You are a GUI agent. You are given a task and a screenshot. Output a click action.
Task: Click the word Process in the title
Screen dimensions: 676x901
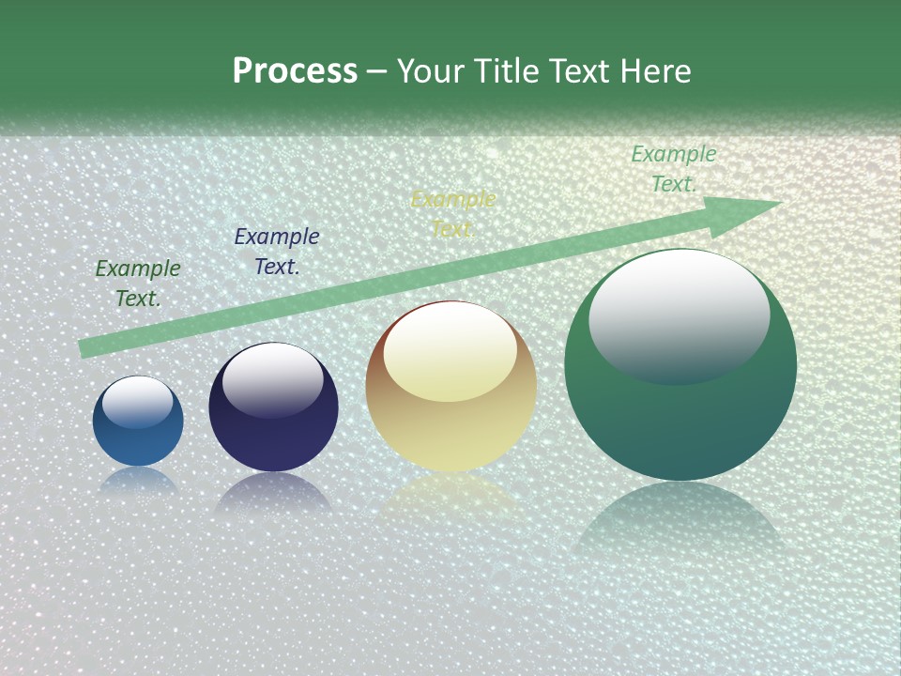[295, 71]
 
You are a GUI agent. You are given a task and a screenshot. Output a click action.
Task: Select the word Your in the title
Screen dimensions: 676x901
[430, 71]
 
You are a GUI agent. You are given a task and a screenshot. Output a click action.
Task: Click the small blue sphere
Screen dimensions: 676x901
[138, 441]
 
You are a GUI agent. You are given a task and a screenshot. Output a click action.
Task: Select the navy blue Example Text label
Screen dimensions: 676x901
[277, 252]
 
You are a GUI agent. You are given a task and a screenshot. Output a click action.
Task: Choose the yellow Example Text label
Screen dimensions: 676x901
[453, 214]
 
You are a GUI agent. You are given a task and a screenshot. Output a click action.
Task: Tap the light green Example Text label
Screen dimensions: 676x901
[674, 169]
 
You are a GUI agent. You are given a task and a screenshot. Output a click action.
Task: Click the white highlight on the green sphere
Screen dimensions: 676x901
[679, 315]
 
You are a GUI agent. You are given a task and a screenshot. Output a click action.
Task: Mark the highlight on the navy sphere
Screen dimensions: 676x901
[272, 379]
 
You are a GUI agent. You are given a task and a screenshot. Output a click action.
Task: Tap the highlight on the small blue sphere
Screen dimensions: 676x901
[137, 402]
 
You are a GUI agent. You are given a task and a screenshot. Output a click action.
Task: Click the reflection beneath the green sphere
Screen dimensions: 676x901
[680, 521]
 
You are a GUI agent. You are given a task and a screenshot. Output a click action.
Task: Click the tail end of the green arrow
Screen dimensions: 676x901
[86, 348]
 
